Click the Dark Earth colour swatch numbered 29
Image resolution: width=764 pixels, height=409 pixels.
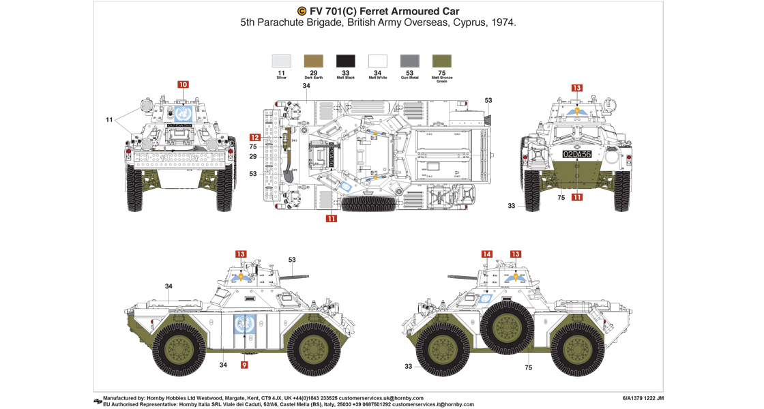click(x=314, y=61)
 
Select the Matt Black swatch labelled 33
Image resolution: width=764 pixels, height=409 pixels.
click(x=346, y=61)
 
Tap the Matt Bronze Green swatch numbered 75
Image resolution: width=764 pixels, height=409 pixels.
click(x=442, y=61)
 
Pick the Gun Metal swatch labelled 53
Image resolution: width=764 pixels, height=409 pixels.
click(x=409, y=61)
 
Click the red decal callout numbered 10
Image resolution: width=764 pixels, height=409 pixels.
click(x=183, y=85)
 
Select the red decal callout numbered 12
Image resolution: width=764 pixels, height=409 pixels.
click(x=254, y=137)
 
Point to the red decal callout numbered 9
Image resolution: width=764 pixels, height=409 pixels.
click(x=244, y=365)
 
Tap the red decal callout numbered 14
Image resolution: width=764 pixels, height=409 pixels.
click(x=486, y=254)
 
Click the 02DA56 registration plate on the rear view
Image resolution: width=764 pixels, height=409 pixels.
click(x=577, y=154)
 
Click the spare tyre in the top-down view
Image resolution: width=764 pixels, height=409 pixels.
click(x=368, y=203)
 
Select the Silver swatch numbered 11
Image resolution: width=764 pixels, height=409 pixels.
click(x=282, y=61)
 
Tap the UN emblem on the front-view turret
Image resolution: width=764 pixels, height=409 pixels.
click(x=181, y=113)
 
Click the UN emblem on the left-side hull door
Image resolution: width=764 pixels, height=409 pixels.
click(x=244, y=326)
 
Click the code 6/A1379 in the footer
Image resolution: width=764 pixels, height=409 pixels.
click(x=638, y=398)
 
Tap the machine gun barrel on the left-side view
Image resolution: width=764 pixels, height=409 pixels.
click(x=295, y=276)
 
